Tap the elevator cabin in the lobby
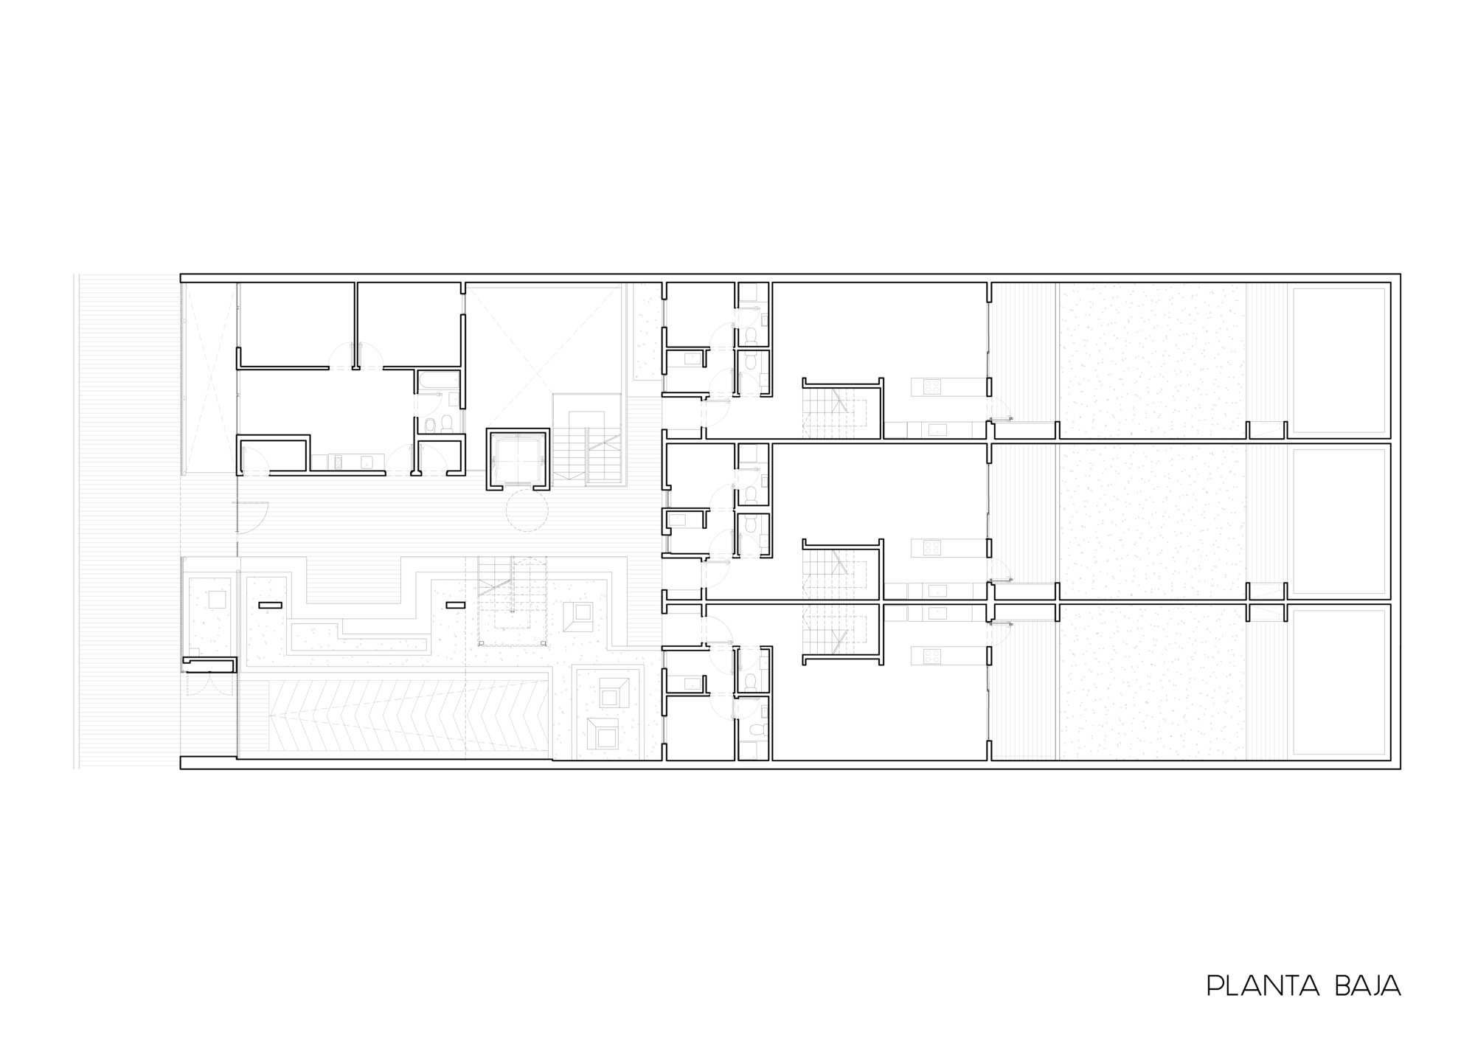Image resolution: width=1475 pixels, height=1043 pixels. (518, 459)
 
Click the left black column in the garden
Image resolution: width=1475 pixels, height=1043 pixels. (270, 605)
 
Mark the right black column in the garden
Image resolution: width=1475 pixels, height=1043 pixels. (455, 605)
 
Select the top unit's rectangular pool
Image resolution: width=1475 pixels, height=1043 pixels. (1339, 360)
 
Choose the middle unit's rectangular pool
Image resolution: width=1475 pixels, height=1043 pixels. (1339, 521)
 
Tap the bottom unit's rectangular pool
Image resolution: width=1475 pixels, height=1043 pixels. (1339, 682)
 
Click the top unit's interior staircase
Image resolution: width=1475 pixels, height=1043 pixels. (841, 413)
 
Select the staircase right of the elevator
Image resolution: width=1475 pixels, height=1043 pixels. (588, 440)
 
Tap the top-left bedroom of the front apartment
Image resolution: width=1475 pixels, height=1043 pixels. (296, 323)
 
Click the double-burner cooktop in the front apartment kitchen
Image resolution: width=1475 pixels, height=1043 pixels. (336, 462)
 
